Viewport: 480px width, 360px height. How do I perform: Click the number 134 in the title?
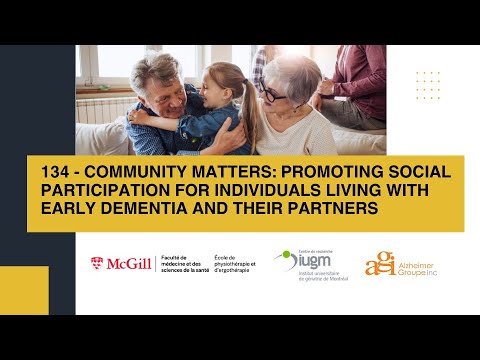(49, 172)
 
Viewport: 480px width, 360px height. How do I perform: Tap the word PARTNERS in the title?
(330, 209)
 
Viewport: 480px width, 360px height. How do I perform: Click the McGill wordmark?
(131, 265)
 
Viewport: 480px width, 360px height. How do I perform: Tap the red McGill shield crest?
(97, 265)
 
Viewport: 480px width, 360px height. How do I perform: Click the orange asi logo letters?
(379, 262)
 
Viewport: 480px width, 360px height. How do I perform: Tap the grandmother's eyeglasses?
(272, 95)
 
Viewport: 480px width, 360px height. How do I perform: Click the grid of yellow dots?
(427, 86)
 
